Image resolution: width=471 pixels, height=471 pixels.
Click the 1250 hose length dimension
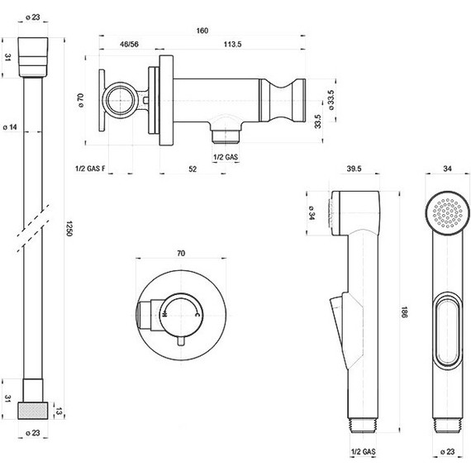(69, 229)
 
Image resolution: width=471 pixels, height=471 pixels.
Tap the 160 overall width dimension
(202, 31)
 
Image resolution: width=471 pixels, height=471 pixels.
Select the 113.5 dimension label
(232, 44)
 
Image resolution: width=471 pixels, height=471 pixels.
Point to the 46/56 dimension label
(129, 44)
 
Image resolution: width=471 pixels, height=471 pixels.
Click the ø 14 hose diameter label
(10, 127)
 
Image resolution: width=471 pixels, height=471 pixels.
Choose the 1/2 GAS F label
(90, 169)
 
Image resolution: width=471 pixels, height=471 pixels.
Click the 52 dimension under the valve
(193, 169)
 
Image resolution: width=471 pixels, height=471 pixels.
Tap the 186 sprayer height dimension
(404, 312)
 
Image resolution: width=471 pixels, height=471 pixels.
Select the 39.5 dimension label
(354, 169)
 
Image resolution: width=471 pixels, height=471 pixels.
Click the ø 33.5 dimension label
(331, 100)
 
